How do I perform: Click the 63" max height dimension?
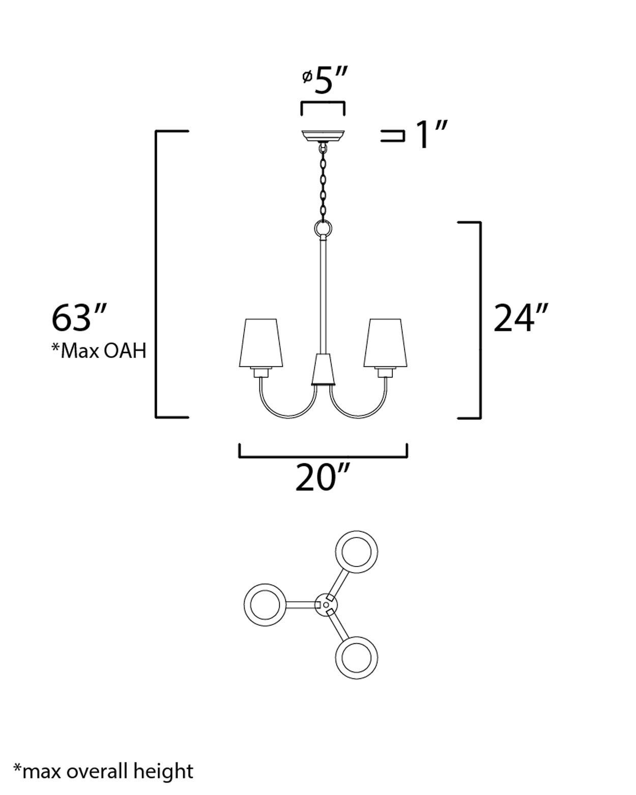[79, 318]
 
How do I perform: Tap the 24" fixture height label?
[521, 318]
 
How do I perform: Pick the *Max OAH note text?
[99, 351]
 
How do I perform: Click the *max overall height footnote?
[103, 771]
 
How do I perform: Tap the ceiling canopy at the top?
[323, 136]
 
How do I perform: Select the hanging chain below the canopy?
[323, 183]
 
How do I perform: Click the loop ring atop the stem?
[323, 229]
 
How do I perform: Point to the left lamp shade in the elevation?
[261, 343]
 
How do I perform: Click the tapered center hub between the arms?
[323, 369]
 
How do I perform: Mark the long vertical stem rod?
[323, 295]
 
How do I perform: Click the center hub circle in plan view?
[326, 605]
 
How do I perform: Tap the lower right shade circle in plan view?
[356, 657]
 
